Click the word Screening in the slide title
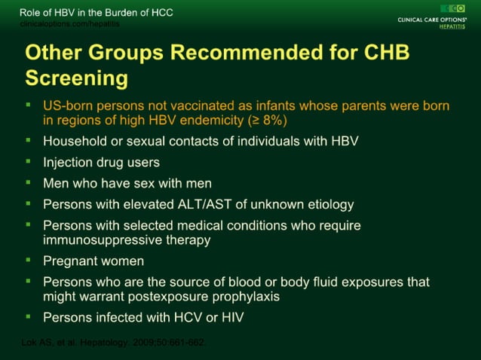pos(76,78)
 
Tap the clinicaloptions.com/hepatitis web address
pos(69,24)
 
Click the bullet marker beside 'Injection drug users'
pos(28,161)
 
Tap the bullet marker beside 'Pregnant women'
pos(28,261)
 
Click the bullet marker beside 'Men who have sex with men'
pos(28,182)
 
